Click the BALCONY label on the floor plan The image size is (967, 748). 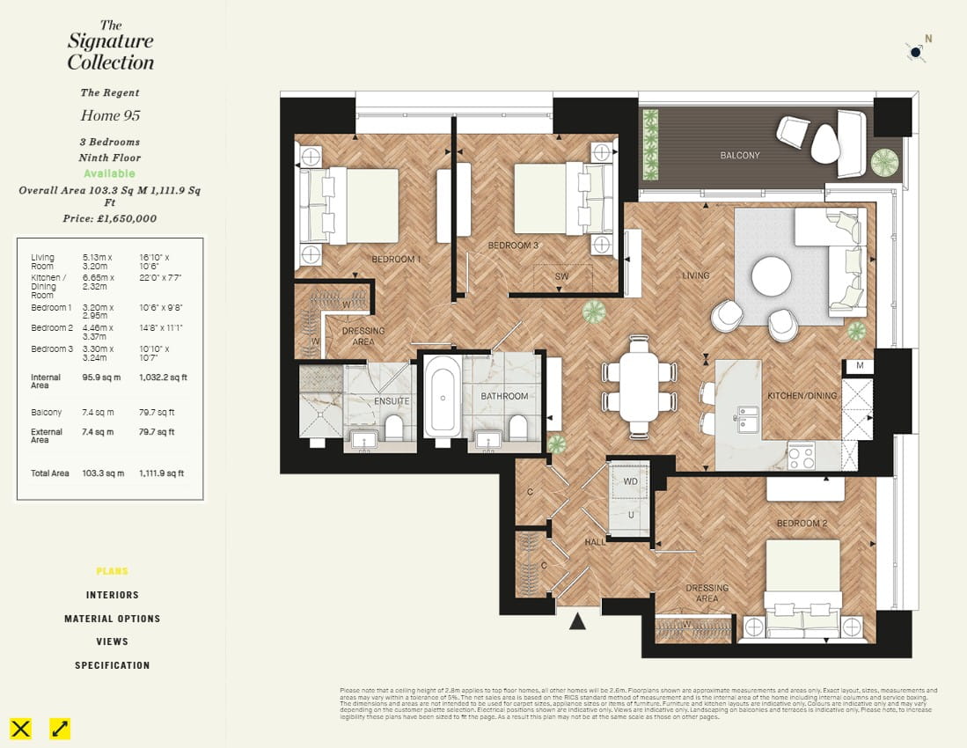[x=739, y=156]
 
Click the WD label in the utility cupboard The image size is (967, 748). [x=630, y=482]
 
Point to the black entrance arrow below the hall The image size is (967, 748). [x=577, y=621]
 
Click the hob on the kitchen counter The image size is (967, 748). [x=801, y=455]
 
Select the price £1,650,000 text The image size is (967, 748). [x=110, y=218]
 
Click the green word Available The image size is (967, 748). [x=110, y=173]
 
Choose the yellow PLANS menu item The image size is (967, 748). [x=112, y=571]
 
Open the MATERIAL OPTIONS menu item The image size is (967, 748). [x=112, y=619]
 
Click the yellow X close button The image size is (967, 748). [x=21, y=728]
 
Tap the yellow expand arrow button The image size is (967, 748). [x=60, y=728]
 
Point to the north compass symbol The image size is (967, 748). [x=916, y=52]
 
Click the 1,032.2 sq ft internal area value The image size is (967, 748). [x=163, y=378]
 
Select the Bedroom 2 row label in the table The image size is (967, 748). [x=51, y=328]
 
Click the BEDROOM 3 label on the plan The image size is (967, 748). [x=513, y=246]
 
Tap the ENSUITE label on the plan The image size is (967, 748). [x=392, y=401]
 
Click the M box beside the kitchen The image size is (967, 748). [x=859, y=365]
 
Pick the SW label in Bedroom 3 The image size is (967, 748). [x=561, y=276]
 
